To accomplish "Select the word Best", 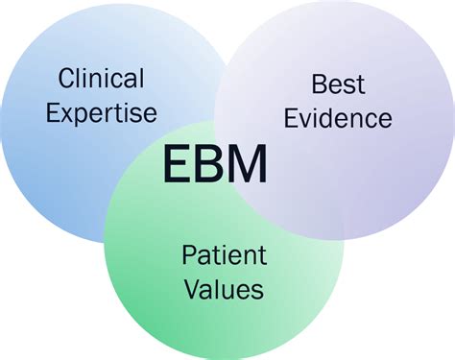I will click(338, 84).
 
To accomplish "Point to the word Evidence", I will click(338, 119).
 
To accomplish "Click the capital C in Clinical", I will click(66, 78).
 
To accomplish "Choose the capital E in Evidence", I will click(293, 119).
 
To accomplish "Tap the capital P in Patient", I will click(189, 254).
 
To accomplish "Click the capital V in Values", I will click(190, 288).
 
